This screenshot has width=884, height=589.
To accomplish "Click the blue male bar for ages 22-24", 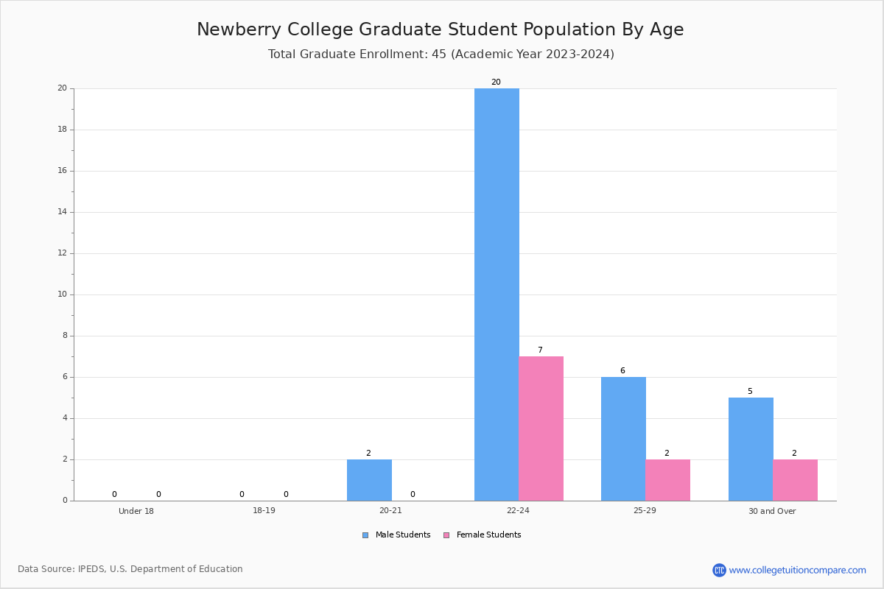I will [x=497, y=294].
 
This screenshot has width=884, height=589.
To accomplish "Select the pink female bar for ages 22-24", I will [x=541, y=428].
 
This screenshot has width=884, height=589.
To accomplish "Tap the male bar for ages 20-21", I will [x=369, y=480].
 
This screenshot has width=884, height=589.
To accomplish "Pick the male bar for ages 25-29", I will [x=623, y=439].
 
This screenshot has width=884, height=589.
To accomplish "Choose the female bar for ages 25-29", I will [x=667, y=480].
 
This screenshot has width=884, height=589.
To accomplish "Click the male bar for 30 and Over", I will [x=751, y=449].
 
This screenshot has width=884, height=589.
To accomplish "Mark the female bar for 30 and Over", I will [x=795, y=480].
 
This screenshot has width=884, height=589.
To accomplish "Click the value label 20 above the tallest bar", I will [x=496, y=82].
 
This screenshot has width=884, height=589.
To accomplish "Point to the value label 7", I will [x=540, y=350].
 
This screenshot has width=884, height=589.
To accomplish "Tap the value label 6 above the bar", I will [x=622, y=371].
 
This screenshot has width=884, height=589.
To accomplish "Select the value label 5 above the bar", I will [x=750, y=392].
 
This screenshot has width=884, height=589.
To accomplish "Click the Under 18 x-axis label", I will [x=136, y=511].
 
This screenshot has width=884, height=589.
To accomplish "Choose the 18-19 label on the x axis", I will [x=264, y=511].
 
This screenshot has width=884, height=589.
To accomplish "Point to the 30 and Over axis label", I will [x=772, y=511].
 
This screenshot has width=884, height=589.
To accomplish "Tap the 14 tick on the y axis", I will [x=63, y=212].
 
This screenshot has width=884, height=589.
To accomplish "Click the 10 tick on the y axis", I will [x=63, y=294].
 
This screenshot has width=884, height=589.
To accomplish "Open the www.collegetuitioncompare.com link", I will [x=797, y=570].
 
